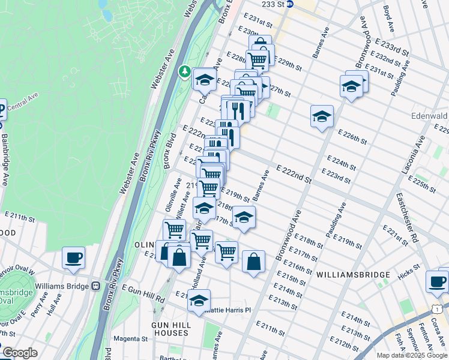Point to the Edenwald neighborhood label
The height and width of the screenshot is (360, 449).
point(429,115)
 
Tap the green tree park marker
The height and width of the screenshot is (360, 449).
point(185,73)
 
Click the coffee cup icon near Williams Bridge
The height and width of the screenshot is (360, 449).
point(73,258)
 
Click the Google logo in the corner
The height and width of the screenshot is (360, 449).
point(20,353)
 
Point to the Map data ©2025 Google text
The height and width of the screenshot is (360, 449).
point(412,355)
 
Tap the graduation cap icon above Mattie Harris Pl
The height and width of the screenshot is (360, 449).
point(199,301)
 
